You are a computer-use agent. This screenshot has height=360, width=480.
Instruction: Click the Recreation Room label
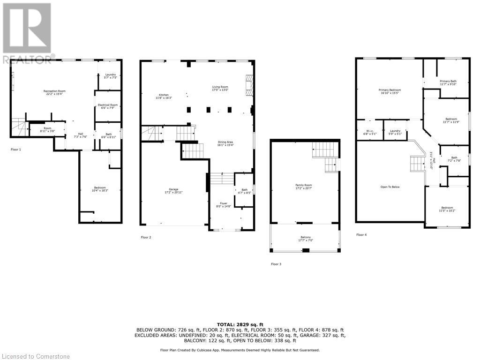pos(54,92)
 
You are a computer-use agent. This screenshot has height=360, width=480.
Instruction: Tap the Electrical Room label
pos(107,106)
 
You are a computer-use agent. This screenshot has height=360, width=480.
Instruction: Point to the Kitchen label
pos(164,97)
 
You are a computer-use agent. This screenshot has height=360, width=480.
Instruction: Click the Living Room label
pos(220,88)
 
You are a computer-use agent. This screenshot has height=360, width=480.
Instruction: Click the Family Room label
pos(303,187)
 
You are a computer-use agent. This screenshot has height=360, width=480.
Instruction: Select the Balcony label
pos(306,239)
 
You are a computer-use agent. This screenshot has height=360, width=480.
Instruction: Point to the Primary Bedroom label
pos(390,91)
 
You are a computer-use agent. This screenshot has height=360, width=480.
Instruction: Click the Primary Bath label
pos(448,82)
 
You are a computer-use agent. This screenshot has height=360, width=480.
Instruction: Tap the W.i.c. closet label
pos(370,132)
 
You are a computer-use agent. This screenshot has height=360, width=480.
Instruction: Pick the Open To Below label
pos(390,187)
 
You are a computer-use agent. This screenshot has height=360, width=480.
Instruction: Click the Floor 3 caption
pos(276,264)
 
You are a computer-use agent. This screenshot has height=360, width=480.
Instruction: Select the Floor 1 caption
pos(16,150)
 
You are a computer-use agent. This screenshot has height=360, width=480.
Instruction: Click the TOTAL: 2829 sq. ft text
pos(240,324)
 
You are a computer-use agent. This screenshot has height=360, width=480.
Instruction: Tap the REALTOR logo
pos(27,33)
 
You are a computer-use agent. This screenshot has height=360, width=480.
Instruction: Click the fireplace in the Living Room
pos(248,85)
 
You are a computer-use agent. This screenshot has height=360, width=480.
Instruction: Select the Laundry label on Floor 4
pos(395,132)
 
